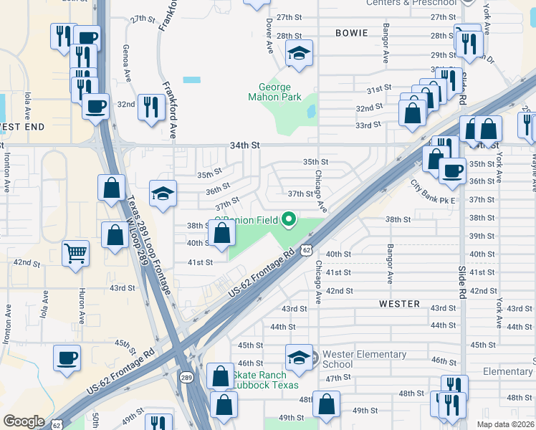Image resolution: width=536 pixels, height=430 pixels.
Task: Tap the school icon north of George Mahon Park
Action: (x=300, y=52)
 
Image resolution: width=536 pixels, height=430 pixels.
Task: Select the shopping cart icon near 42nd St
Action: (x=75, y=252)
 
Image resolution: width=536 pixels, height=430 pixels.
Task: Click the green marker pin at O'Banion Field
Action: (x=289, y=219)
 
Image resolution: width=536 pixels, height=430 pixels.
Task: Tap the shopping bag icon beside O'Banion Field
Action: (x=222, y=233)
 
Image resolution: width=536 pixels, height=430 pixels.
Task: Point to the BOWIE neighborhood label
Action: (x=351, y=33)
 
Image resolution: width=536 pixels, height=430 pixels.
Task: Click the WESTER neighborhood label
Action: (x=400, y=304)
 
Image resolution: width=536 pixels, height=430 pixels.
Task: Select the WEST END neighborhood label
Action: (x=21, y=127)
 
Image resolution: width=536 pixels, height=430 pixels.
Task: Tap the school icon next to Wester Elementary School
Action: (x=300, y=357)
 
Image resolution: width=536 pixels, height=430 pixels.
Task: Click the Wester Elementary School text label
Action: (x=364, y=359)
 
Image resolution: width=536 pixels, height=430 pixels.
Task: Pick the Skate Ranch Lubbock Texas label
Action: (x=264, y=380)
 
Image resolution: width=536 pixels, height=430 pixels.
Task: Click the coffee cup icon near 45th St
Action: (x=67, y=357)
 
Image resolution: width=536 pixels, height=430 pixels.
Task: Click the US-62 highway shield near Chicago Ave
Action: (x=306, y=249)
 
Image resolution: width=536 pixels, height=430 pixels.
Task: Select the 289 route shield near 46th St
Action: (x=186, y=377)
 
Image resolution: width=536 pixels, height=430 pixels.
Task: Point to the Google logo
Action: (x=24, y=421)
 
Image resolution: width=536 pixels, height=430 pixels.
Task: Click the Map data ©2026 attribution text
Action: (x=505, y=424)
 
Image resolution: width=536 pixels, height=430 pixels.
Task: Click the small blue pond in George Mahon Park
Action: (x=311, y=111)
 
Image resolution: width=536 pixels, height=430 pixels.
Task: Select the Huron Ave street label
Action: (x=81, y=307)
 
